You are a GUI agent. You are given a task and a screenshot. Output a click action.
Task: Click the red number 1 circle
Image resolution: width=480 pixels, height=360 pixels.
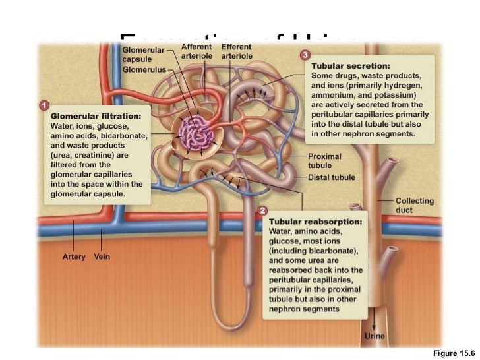[44, 105]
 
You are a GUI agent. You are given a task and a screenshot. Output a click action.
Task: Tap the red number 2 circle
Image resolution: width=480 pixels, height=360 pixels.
[262, 211]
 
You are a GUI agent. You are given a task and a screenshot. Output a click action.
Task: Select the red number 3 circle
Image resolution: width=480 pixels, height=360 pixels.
[305, 54]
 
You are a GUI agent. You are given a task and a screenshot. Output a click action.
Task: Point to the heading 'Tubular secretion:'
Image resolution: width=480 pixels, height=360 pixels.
[350, 66]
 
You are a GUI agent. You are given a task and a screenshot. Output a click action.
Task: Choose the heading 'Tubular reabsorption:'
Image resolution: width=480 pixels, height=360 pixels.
[315, 222]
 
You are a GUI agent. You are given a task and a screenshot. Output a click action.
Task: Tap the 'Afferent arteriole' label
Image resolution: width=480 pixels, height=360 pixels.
[196, 51]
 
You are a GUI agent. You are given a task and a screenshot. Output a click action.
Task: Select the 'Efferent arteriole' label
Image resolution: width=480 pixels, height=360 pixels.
[235, 51]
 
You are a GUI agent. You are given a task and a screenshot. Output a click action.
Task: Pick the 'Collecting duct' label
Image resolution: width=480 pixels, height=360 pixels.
[414, 204]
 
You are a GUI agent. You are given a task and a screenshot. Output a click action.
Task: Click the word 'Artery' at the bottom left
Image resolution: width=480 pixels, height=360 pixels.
[74, 256]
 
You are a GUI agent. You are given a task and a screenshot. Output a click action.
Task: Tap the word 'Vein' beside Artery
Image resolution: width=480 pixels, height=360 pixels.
[102, 256]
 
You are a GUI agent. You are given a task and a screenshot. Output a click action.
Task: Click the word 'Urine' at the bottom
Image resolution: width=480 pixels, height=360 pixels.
[375, 336]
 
